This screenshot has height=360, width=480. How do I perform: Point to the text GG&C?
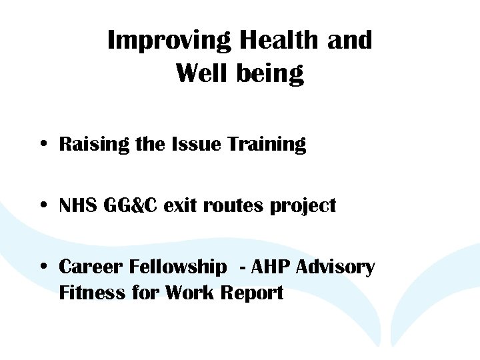tap(130, 206)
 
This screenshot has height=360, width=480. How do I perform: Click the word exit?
tap(181, 206)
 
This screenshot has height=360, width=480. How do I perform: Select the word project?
tap(303, 207)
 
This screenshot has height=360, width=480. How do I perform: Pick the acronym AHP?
tap(271, 267)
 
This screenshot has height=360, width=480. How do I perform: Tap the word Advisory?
tap(335, 268)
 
